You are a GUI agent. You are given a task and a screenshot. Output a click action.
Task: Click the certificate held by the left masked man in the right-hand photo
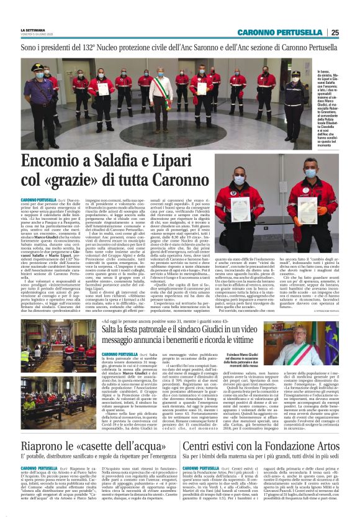pos(240,209)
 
